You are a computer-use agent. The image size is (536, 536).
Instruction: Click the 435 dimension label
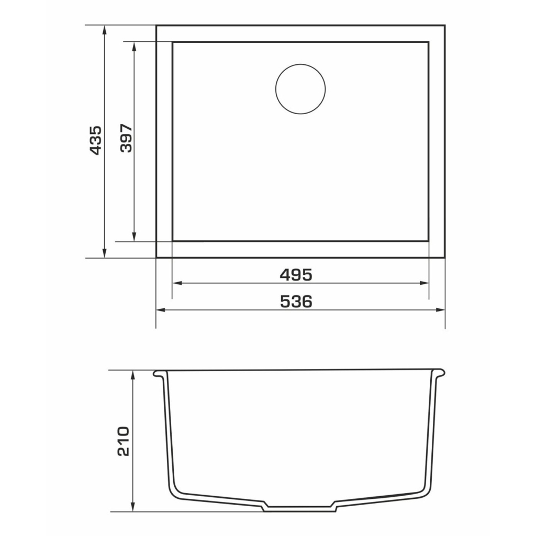(x=95, y=140)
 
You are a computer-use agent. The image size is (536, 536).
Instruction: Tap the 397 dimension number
(x=127, y=138)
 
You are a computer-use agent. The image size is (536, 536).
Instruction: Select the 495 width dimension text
(x=296, y=274)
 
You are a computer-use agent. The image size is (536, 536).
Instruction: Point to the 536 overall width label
(x=296, y=301)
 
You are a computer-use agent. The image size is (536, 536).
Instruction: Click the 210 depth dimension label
(x=123, y=441)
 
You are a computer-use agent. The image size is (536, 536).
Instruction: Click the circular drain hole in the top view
(x=300, y=89)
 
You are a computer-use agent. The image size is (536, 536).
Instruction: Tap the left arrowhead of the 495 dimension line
(x=177, y=283)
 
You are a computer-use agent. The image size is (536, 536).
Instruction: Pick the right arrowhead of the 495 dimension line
(x=424, y=283)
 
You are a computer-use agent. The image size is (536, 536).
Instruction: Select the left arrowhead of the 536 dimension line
(x=161, y=310)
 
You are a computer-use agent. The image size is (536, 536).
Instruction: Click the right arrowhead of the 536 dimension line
(x=440, y=310)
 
